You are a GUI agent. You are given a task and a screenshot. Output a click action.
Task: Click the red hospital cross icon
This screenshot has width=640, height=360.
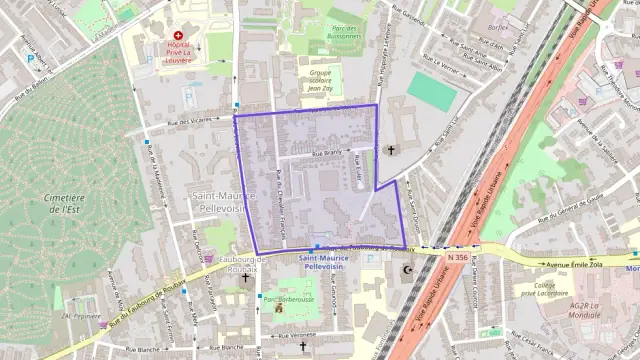coord(178,36)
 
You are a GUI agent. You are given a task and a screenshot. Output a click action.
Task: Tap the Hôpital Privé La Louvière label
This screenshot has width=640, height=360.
coord(178,53)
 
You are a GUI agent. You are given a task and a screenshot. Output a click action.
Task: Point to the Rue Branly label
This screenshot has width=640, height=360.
coord(327,154)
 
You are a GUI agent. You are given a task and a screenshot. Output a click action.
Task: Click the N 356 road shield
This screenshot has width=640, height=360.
coord(457,257)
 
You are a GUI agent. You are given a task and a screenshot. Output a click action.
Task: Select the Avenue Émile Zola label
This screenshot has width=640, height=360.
coord(576,265)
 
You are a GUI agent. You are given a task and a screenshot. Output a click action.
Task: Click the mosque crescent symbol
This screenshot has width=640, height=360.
coord(406,270)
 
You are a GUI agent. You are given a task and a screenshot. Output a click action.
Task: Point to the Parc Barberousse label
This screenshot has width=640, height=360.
coord(286,297)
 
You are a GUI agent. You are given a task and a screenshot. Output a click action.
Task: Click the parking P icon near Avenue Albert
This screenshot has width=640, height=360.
coord(30,59)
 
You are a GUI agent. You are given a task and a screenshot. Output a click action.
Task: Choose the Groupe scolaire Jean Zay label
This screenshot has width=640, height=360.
coord(319,80)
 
